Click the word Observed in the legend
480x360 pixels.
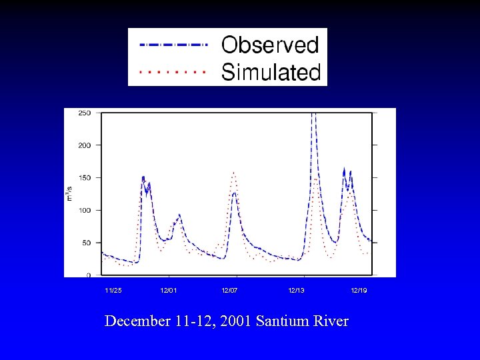(270, 45)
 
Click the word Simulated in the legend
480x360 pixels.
(271, 71)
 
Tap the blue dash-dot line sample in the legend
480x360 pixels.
(173, 45)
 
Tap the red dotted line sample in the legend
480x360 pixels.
(173, 69)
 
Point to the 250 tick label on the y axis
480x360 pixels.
(85, 113)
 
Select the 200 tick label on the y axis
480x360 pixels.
(85, 145)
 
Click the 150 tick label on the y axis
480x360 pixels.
(85, 177)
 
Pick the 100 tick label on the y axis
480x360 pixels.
(85, 210)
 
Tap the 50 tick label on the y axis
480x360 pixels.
(87, 243)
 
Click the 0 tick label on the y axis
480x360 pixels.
(89, 275)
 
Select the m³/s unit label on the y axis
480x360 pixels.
(69, 194)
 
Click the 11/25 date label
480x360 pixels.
(113, 291)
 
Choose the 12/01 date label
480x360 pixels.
(169, 291)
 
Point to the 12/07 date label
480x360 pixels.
(230, 291)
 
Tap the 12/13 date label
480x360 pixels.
(296, 291)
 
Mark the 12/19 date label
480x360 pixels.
(359, 291)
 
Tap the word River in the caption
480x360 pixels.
(331, 321)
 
